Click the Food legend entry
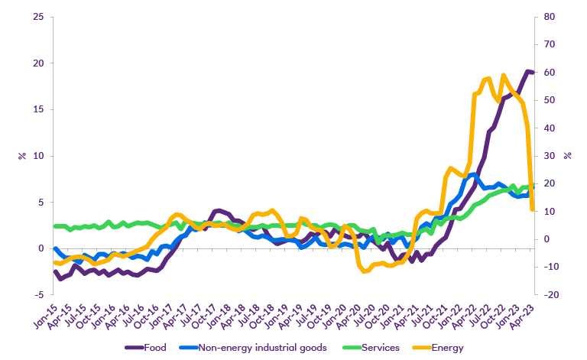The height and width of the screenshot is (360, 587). pyautogui.click(x=155, y=349)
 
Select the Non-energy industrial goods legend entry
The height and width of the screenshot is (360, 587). pyautogui.click(x=262, y=349)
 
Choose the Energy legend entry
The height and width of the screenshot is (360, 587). pyautogui.click(x=447, y=349)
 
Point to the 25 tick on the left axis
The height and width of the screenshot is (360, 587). pyautogui.click(x=37, y=17)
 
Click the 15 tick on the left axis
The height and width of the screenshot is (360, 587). pyautogui.click(x=37, y=109)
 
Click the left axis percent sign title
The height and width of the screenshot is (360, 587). pyautogui.click(x=21, y=156)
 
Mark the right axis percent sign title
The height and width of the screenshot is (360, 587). pyautogui.click(x=567, y=156)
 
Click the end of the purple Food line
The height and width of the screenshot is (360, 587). pyautogui.click(x=532, y=72)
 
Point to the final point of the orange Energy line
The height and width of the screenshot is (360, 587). pyautogui.click(x=532, y=209)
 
